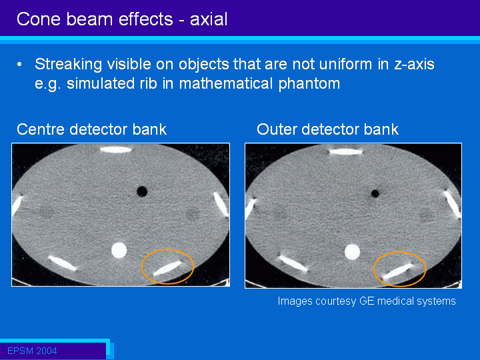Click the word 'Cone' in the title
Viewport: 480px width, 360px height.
pos(39,19)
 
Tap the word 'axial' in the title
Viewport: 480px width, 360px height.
pos(209,19)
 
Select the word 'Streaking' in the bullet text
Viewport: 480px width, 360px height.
pos(68,65)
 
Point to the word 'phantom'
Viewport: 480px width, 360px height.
pos(309,83)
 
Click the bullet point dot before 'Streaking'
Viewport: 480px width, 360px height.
pos(19,64)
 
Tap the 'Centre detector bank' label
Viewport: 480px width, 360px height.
pos(91,129)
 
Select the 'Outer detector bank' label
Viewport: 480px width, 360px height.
pos(327,129)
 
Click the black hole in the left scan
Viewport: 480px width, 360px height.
pos(142,191)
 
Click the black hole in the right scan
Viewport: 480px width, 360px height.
pos(375,193)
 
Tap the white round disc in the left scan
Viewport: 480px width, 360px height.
pos(119,250)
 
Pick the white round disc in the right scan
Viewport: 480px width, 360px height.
pos(353,252)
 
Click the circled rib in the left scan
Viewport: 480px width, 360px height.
pos(167,268)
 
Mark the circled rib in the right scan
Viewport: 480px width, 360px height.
pos(397,271)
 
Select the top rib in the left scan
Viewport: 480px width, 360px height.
pos(116,150)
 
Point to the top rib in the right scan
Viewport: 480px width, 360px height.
pos(345,151)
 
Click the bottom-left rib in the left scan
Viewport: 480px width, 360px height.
pos(63,263)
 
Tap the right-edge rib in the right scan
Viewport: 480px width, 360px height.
pos(453,204)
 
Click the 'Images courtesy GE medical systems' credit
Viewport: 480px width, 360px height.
pos(367,301)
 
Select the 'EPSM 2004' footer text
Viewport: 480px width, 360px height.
pos(32,351)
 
